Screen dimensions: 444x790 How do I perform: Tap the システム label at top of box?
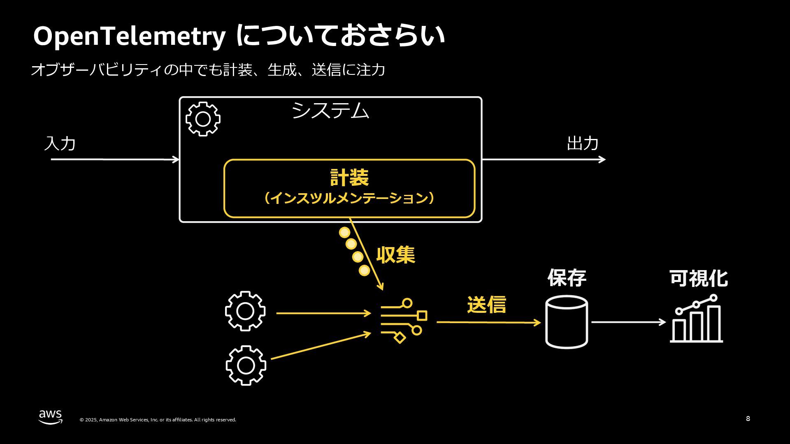[x=330, y=111]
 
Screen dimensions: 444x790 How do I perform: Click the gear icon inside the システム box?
[x=203, y=119]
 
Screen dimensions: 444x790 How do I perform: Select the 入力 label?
[x=60, y=143]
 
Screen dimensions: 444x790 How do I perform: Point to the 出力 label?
[x=583, y=143]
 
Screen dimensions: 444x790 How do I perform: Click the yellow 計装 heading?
[x=349, y=178]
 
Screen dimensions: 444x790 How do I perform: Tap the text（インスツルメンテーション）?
[x=349, y=198]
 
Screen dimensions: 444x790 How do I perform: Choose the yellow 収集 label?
[x=395, y=255]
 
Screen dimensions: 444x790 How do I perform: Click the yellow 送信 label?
[x=486, y=305]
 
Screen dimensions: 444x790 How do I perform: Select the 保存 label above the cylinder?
[x=567, y=278]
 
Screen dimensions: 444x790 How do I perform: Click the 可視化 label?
[x=699, y=278]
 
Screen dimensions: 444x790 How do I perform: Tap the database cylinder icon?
[x=567, y=322]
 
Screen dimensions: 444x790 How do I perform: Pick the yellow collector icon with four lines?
[x=404, y=321]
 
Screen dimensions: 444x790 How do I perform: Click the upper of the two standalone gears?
[x=245, y=311]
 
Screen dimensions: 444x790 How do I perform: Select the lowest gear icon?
[x=246, y=365]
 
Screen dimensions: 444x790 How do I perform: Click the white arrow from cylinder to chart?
[x=628, y=322]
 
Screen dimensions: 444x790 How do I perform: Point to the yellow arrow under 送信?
[x=488, y=322]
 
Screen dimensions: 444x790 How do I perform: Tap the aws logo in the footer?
[x=51, y=417]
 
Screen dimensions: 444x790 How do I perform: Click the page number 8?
[x=748, y=419]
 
